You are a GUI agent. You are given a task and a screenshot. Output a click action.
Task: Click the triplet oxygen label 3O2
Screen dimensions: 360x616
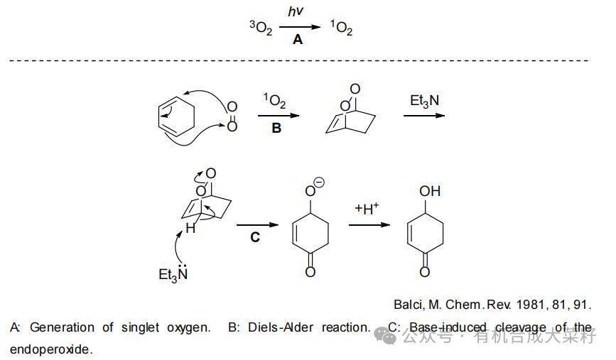[261, 28]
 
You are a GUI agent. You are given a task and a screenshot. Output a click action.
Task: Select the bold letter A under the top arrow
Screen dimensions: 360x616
[298, 40]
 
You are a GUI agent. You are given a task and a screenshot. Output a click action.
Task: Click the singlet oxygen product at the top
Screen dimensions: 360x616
[341, 28]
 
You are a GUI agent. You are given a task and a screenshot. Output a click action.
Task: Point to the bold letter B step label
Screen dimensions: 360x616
[276, 128]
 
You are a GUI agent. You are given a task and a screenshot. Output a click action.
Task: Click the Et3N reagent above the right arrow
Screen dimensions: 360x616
[424, 100]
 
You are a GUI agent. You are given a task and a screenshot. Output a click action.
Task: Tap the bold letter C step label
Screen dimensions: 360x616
[255, 237]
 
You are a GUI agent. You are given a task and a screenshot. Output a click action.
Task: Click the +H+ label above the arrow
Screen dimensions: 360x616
[367, 208]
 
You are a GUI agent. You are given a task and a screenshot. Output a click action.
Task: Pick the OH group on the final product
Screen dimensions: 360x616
[430, 191]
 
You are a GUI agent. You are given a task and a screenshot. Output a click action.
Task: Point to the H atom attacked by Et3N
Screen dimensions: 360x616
[190, 229]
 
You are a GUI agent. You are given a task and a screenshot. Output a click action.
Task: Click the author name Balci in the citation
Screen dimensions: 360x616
[409, 304]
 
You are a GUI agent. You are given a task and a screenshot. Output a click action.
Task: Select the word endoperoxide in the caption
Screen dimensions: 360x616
[50, 349]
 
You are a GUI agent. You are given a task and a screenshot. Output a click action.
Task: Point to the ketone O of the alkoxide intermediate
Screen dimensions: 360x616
[310, 271]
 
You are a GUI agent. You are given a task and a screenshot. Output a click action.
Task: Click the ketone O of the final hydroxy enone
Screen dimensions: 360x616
[425, 271]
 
